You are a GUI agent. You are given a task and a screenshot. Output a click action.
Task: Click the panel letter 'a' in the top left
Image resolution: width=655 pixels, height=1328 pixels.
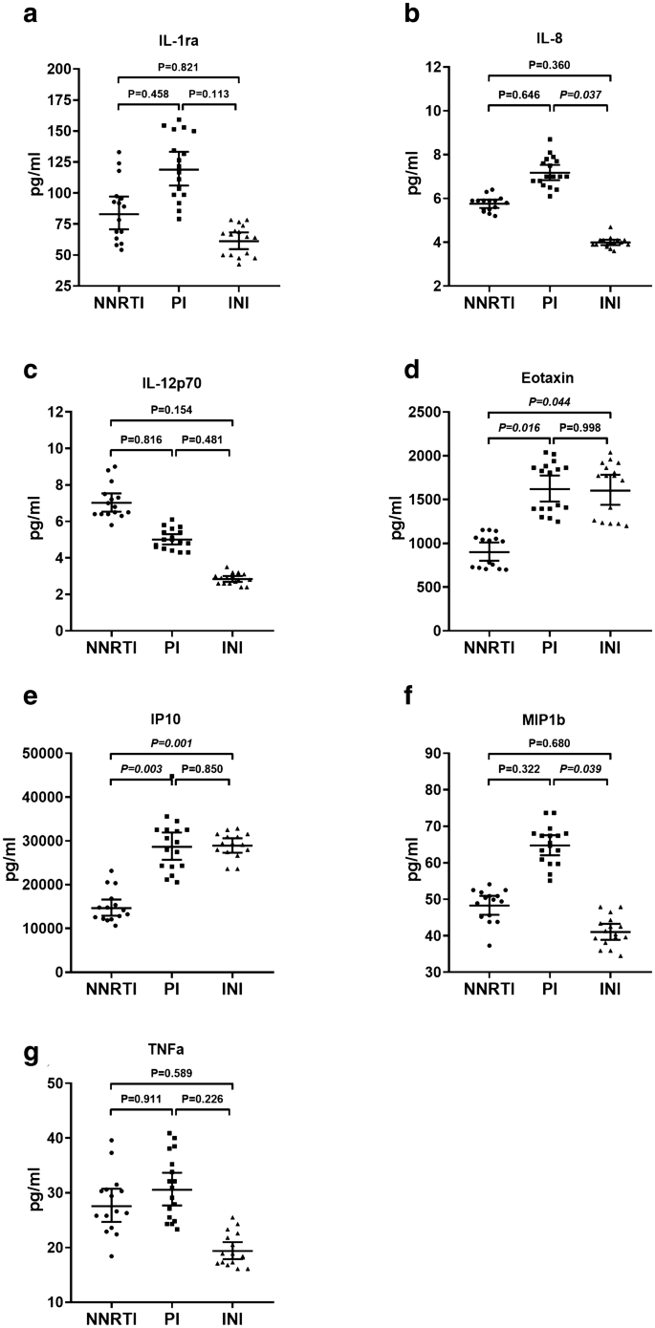click(12, 13)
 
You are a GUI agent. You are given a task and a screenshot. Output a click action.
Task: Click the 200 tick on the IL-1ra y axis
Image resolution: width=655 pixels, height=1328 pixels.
click(59, 69)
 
